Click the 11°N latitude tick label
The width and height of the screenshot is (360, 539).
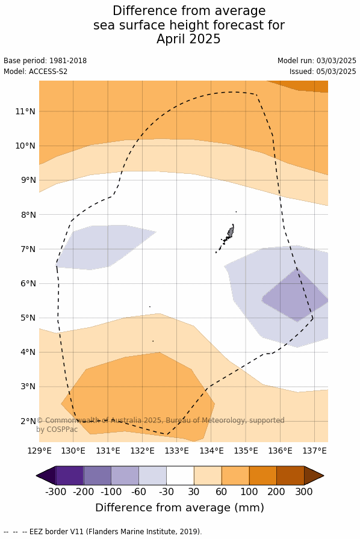[x=25, y=111]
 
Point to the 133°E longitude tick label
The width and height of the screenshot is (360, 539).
[x=176, y=451]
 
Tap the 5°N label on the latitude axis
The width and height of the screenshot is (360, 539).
[x=28, y=318]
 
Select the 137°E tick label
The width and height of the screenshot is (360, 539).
[x=314, y=451]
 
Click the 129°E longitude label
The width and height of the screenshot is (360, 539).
[x=39, y=451]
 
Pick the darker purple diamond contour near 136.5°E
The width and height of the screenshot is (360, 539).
[x=296, y=295]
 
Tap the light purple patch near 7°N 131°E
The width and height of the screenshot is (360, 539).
[x=104, y=247]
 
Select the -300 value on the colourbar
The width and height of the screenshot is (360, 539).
[x=56, y=491]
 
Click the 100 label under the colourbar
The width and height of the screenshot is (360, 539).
[x=249, y=491]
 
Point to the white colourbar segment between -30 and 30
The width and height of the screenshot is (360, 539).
[x=180, y=475]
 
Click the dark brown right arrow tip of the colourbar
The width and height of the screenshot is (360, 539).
[x=314, y=476]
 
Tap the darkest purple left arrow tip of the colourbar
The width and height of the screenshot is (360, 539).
[x=46, y=476]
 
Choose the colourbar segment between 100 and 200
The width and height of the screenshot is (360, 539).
[x=263, y=475]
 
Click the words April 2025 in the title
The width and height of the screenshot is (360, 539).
[x=188, y=39]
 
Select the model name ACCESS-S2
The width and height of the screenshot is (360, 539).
[x=48, y=72]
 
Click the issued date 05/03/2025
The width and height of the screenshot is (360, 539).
[x=337, y=72]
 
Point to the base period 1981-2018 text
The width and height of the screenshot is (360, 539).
[x=68, y=61]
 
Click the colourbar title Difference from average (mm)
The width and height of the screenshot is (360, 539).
[x=179, y=508]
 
